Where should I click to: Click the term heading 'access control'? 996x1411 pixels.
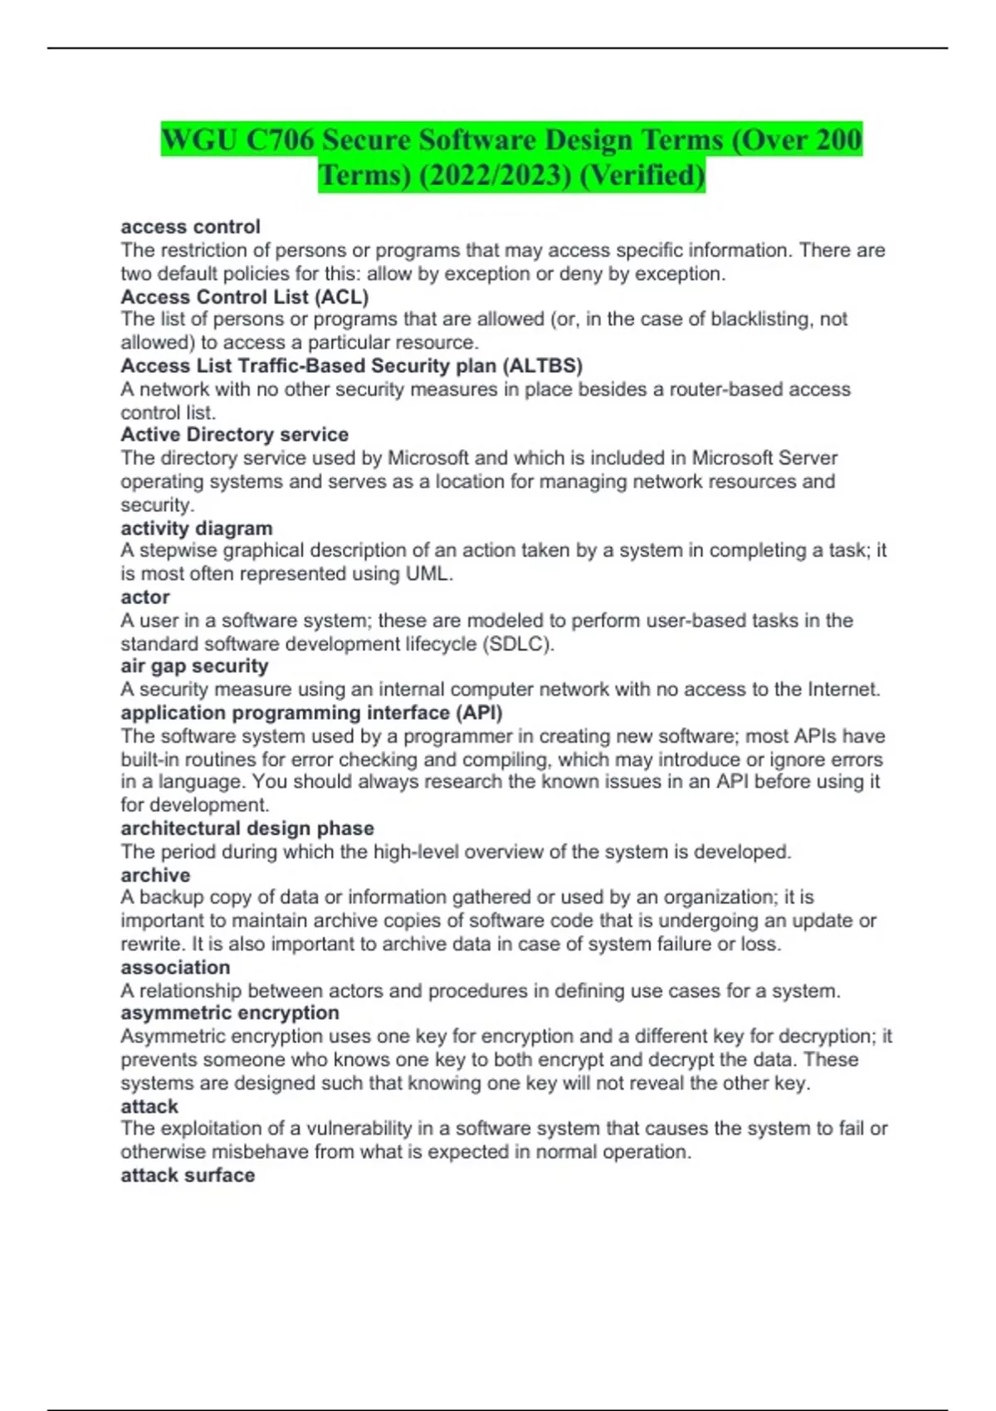click(x=190, y=227)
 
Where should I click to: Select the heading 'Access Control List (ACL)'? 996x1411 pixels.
click(x=244, y=296)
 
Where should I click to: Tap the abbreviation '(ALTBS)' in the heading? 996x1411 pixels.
click(x=542, y=366)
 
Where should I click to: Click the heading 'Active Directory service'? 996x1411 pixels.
click(x=234, y=435)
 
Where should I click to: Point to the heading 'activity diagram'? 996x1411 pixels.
click(x=196, y=528)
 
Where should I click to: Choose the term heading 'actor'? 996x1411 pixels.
click(x=145, y=598)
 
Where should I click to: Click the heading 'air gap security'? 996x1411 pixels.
click(x=194, y=666)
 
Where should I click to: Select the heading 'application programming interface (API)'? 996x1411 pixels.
click(x=311, y=713)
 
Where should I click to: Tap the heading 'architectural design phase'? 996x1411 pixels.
click(x=247, y=828)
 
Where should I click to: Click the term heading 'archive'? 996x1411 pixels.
click(x=155, y=875)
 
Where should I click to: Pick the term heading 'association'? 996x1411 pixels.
click(x=175, y=968)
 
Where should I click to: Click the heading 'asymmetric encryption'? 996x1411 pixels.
click(x=230, y=1013)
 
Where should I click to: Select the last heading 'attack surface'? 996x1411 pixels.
click(x=188, y=1175)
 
